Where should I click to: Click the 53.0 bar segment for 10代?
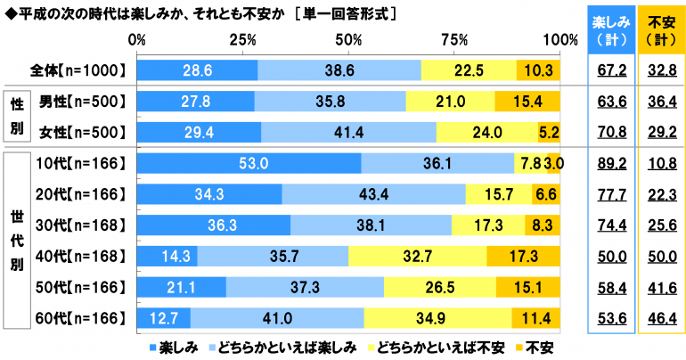(x=249, y=163)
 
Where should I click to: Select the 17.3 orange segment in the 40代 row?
(x=524, y=256)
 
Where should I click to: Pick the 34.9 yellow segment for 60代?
(x=437, y=317)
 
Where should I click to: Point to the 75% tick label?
(x=455, y=40)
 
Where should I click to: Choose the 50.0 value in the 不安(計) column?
(x=660, y=256)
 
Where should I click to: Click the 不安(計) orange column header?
(x=660, y=31)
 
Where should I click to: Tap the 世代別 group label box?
(x=16, y=241)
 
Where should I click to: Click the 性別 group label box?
(x=16, y=117)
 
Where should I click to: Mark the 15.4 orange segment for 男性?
(x=527, y=102)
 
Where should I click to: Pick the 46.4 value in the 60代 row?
(x=660, y=317)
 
